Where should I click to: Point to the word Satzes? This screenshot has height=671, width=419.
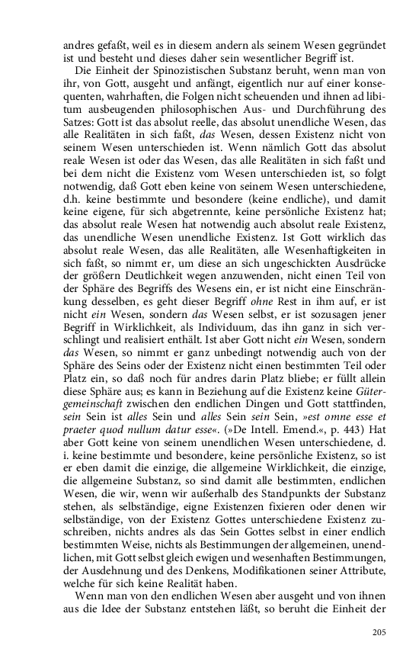click(x=78, y=124)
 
